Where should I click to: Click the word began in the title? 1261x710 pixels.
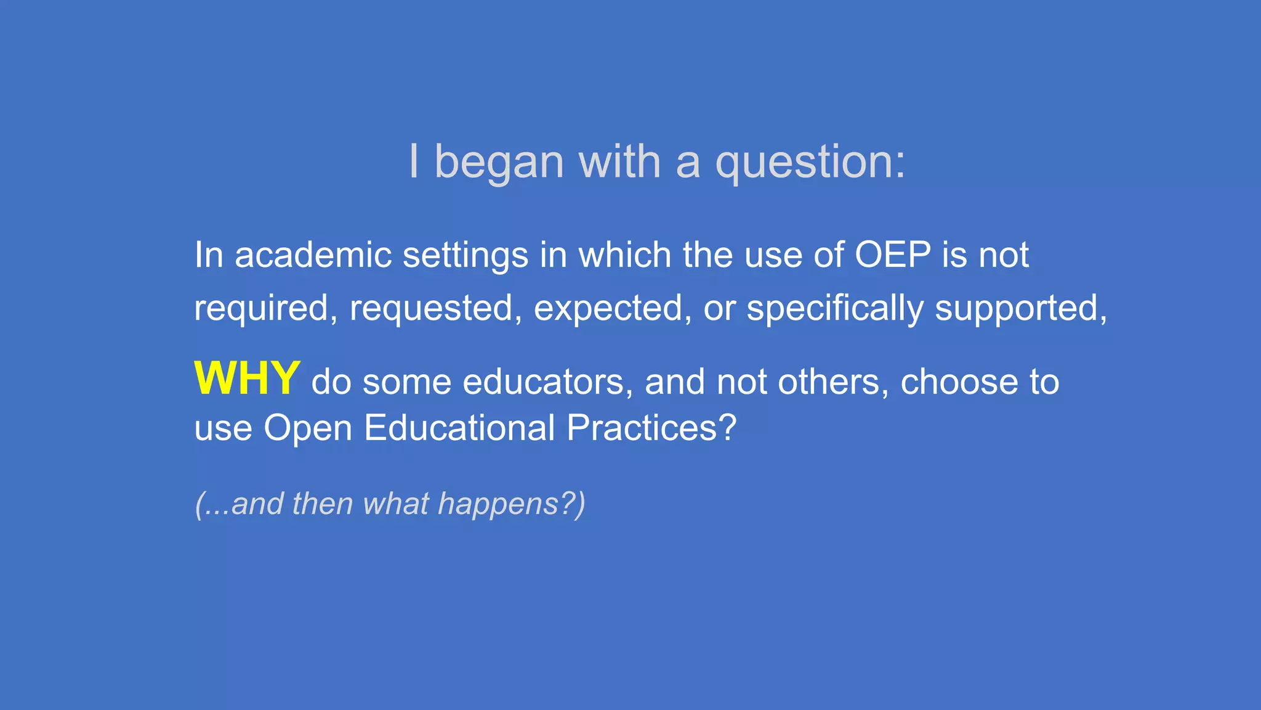(499, 163)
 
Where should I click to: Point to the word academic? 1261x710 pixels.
(313, 255)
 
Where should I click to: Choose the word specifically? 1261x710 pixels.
(835, 308)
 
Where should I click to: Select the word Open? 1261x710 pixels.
(307, 428)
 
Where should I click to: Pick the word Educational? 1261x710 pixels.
(459, 428)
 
